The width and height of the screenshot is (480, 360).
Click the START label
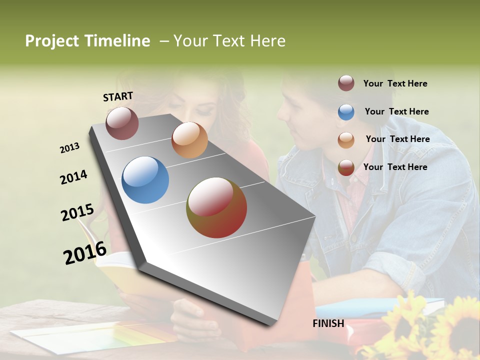(x=118, y=96)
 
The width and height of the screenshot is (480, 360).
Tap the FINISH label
(x=328, y=323)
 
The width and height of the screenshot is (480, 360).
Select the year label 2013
(x=69, y=148)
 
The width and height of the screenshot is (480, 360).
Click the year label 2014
(x=73, y=177)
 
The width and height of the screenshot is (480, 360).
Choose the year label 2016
(x=85, y=253)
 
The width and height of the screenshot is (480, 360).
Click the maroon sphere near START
(x=122, y=123)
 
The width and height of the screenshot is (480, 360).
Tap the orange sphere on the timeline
(x=189, y=140)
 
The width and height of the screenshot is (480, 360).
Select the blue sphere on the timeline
(x=145, y=180)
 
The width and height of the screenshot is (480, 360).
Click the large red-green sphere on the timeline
(x=216, y=207)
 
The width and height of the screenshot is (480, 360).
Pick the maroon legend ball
(x=346, y=83)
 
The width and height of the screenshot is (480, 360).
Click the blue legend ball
(x=346, y=112)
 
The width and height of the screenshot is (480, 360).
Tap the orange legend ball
(x=346, y=139)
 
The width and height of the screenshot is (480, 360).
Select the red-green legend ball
(x=346, y=167)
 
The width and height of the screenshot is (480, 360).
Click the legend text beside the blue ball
(x=396, y=111)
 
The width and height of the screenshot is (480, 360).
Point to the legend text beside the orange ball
(x=397, y=139)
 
